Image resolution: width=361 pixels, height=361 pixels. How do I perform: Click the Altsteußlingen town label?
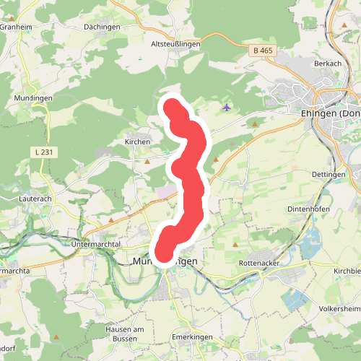tap(175, 44)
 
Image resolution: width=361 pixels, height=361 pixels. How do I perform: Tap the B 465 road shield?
tap(262, 51)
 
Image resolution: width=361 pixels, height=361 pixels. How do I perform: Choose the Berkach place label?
tap(327, 64)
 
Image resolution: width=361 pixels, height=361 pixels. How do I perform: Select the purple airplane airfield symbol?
tap(227, 108)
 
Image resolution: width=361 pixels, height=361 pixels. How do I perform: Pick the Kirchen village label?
tap(137, 142)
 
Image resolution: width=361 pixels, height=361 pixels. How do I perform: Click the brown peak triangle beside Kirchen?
tap(147, 161)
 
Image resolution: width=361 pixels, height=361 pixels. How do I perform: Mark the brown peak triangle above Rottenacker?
tap(235, 245)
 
